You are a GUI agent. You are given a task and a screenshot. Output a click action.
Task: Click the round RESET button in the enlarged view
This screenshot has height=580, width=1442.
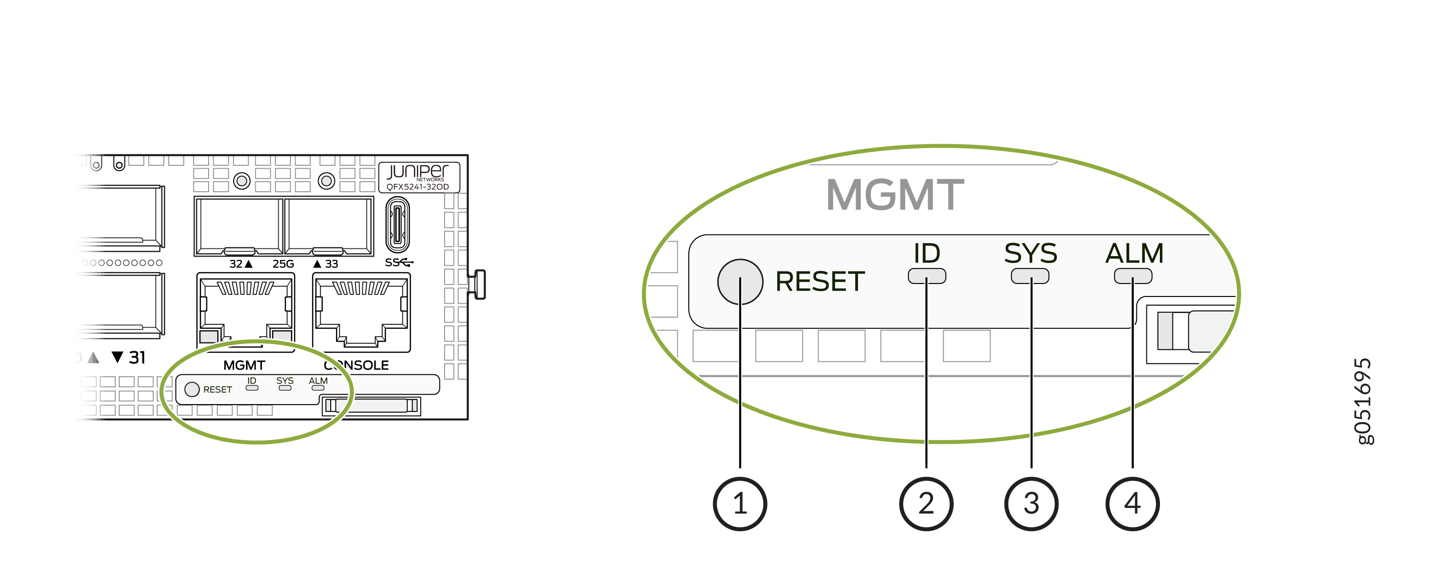pos(740,282)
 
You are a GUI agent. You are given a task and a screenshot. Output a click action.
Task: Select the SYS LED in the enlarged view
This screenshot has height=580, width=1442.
pos(1030,276)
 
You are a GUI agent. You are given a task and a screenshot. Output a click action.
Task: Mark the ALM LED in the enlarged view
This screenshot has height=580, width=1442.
pos(1133,276)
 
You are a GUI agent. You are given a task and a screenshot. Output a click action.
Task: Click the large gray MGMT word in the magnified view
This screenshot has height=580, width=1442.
pos(895,195)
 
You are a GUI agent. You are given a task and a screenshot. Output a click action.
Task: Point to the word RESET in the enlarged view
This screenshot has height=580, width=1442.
pos(820,282)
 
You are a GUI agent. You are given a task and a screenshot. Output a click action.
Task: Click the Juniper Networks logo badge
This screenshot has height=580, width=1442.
pos(419,177)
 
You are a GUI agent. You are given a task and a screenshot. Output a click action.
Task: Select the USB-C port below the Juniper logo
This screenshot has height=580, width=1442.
pos(398,225)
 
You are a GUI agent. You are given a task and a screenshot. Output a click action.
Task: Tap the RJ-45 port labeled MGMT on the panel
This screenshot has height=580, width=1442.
pos(246,312)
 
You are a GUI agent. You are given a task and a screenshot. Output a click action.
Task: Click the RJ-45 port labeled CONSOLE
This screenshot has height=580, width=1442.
pos(361,312)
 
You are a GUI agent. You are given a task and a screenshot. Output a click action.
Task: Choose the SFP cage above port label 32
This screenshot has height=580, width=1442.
pos(238,226)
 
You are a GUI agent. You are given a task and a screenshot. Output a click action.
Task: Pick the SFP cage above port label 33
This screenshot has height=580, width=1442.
pos(329,226)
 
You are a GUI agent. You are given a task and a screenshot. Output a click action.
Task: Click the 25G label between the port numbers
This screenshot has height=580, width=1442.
pos(283,264)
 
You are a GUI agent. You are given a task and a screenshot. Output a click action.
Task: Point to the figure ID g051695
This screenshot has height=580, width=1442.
pos(1363,401)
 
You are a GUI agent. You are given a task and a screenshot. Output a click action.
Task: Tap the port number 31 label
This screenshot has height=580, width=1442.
pos(137,357)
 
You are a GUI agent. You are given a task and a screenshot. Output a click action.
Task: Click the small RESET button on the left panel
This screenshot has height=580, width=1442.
pos(192,389)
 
